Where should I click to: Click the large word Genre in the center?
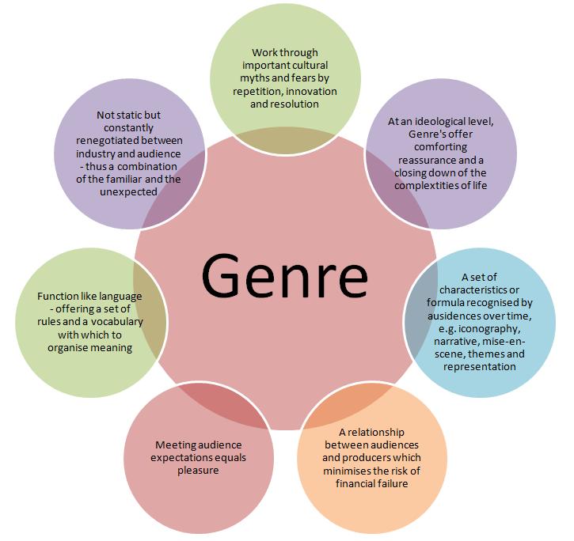[x=284, y=274]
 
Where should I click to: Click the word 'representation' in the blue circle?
[x=479, y=366]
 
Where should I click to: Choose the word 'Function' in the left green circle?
[x=60, y=297]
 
